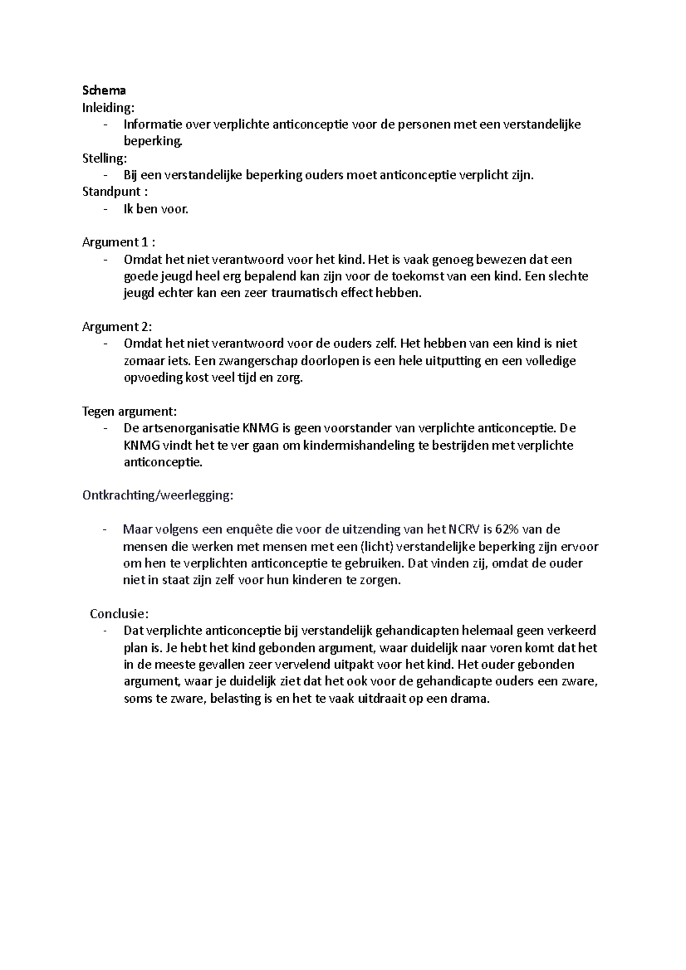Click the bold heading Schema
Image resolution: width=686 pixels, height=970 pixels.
[x=104, y=90]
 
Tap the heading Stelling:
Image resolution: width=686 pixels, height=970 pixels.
[x=105, y=158]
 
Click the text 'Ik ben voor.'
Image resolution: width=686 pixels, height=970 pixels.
[x=155, y=209]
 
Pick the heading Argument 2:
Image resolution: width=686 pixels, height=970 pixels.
[x=117, y=327]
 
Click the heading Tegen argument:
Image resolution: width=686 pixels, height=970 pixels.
[x=130, y=411]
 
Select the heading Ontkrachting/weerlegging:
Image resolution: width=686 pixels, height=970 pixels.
[x=158, y=495]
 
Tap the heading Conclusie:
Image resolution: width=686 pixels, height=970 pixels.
[x=119, y=614]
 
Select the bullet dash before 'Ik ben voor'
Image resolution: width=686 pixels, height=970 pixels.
[x=105, y=209]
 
